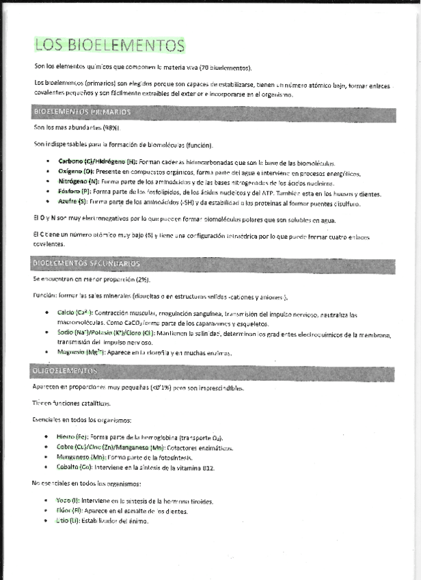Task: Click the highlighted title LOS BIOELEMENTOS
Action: pos(110,46)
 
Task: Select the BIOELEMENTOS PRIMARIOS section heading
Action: pos(82,111)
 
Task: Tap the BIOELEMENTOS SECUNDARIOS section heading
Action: pos(87,263)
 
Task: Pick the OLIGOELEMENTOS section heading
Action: pos(65,370)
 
